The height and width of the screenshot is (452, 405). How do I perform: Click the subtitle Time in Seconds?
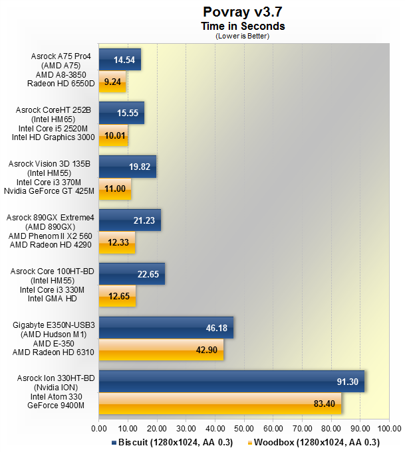[243, 26]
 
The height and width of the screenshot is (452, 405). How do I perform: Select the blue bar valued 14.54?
[120, 59]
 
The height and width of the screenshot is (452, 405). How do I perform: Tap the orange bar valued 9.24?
[112, 82]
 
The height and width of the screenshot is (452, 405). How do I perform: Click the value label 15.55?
[127, 113]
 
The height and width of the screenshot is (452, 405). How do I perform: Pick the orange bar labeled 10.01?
[113, 136]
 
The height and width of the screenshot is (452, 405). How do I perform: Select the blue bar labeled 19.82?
[127, 167]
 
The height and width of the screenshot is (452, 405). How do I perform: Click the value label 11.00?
[116, 190]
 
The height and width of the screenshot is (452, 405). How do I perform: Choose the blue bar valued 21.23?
[130, 220]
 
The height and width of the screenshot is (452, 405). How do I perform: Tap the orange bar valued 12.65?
[117, 297]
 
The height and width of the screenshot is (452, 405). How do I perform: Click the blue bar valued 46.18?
[166, 327]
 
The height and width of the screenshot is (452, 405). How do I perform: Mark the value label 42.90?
[203, 350]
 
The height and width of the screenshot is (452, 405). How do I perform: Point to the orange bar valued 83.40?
[220, 404]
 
